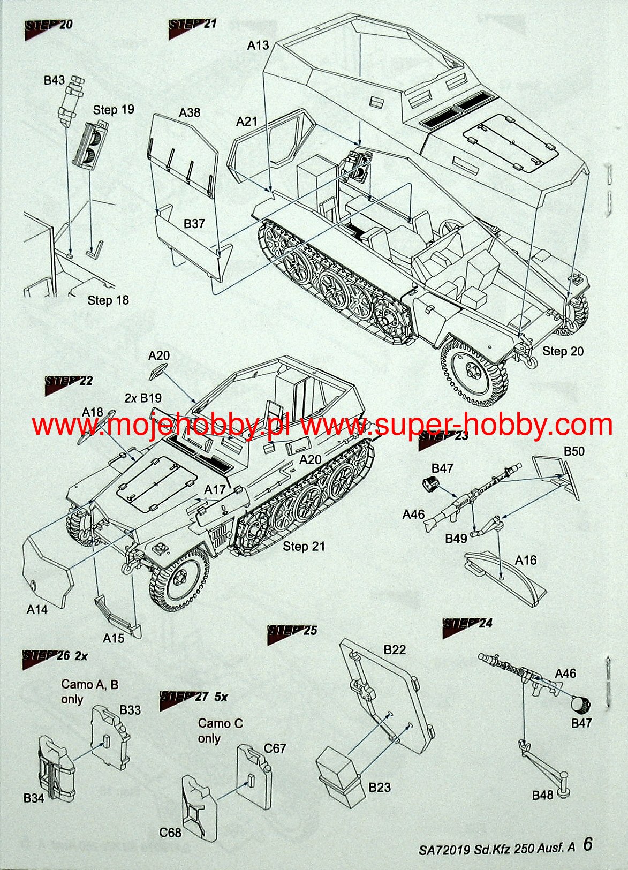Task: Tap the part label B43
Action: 55,80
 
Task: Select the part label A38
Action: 190,112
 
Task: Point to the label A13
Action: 258,46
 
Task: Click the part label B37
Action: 194,224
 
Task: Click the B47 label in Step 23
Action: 442,468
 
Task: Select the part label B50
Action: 574,451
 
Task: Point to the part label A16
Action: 525,561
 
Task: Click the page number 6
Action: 588,844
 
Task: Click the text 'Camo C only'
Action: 220,731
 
